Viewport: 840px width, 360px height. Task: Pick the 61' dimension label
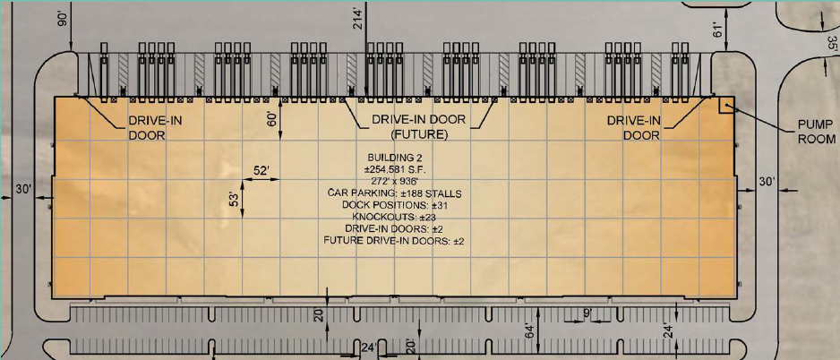[719, 28]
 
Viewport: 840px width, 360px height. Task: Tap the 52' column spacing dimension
[262, 171]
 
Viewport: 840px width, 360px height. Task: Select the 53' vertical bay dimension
[234, 206]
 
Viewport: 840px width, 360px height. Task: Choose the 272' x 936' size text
[393, 181]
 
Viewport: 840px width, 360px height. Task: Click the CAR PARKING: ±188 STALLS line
[393, 193]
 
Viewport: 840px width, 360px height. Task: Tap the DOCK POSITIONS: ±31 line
[393, 205]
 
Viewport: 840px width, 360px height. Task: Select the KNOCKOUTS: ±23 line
[393, 217]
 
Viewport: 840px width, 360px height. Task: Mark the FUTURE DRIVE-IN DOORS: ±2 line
[393, 241]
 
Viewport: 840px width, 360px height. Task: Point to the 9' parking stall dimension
[587, 313]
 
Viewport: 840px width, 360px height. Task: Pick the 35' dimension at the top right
[833, 45]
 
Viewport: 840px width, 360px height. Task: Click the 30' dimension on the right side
[767, 183]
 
